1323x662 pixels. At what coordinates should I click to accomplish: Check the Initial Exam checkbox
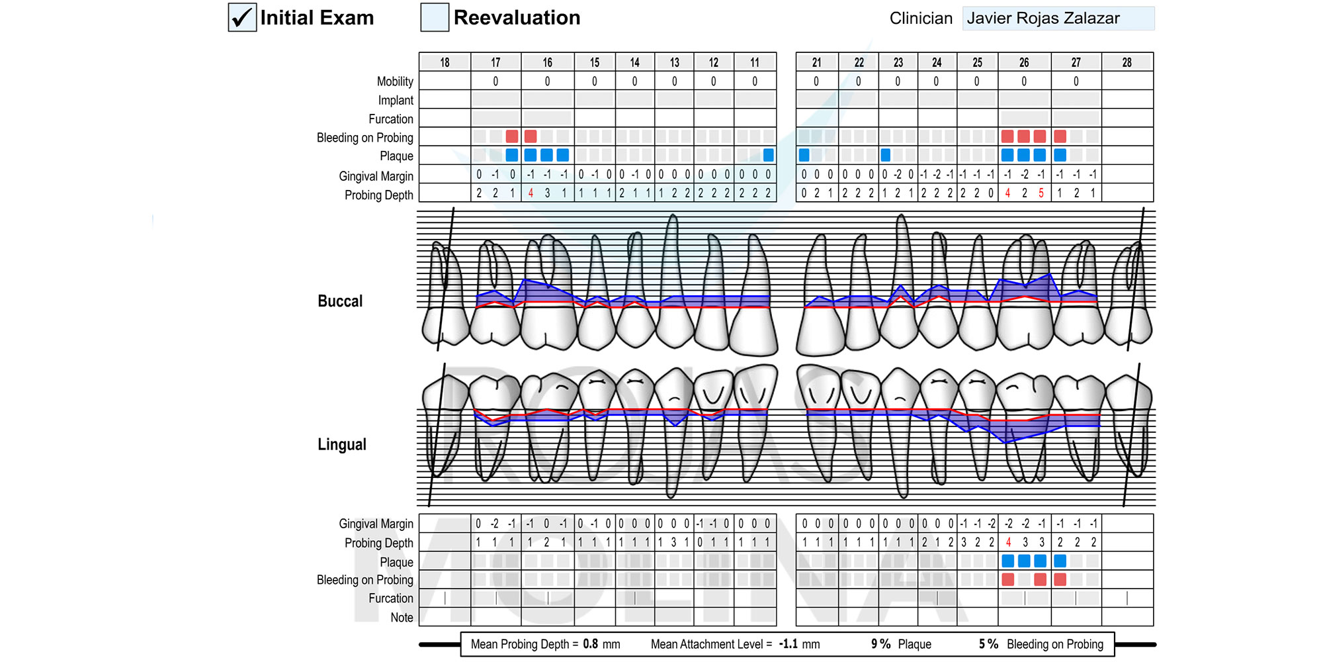click(242, 17)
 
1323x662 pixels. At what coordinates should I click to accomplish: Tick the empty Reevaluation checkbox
click(435, 17)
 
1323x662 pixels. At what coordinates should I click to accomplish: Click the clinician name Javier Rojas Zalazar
click(1043, 18)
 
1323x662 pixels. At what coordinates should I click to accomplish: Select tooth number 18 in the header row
click(445, 62)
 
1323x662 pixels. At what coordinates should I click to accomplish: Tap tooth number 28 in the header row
click(1127, 62)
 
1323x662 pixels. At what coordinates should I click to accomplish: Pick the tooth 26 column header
click(1024, 62)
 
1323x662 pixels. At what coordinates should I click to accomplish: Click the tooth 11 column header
click(755, 62)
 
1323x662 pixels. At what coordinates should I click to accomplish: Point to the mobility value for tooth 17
click(495, 81)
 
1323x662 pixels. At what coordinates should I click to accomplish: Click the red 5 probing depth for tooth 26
click(1041, 193)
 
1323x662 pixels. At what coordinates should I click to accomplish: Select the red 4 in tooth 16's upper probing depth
click(531, 193)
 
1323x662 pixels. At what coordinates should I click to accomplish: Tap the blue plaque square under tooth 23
click(886, 156)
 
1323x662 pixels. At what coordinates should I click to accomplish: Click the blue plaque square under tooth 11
click(768, 156)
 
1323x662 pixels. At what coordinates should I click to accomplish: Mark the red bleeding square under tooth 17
click(512, 136)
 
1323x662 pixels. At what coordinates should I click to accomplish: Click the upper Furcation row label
click(391, 119)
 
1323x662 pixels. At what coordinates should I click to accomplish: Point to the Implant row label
click(396, 101)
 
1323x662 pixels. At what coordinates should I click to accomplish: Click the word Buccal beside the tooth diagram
click(340, 301)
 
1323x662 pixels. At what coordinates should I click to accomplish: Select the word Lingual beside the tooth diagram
click(342, 445)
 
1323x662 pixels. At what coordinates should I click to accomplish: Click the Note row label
click(402, 618)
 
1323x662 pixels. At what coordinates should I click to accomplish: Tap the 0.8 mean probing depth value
click(591, 644)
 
